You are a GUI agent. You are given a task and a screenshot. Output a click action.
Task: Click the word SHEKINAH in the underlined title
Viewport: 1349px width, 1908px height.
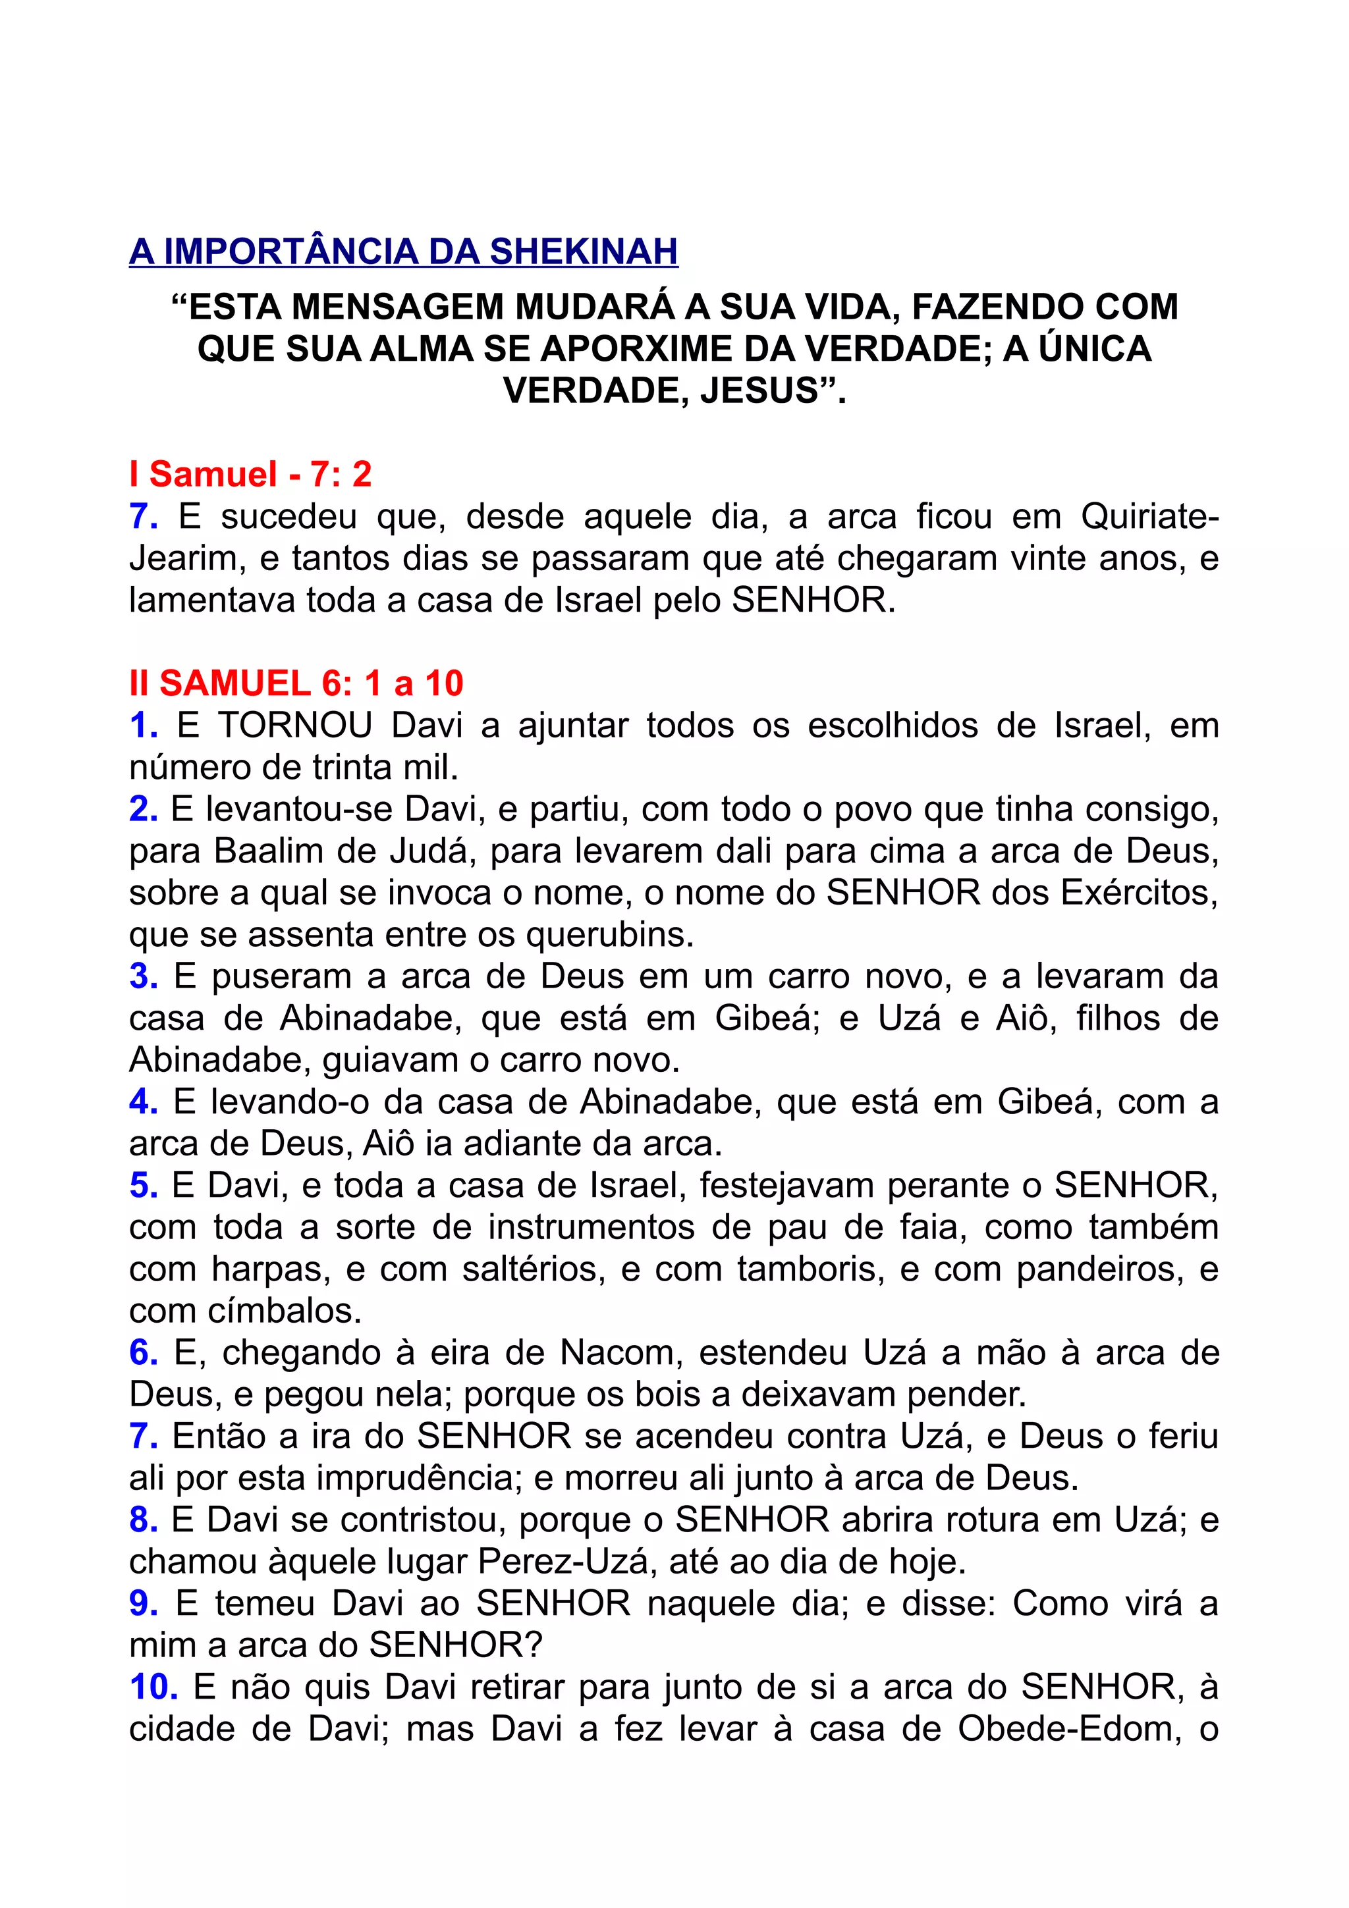coord(584,252)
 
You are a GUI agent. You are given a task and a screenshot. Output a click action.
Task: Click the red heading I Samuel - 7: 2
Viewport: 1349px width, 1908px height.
coord(250,475)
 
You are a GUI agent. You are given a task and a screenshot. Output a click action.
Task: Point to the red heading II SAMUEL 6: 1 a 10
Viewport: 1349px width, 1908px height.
coord(296,683)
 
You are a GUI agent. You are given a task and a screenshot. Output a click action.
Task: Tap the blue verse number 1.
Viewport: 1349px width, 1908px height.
coord(143,726)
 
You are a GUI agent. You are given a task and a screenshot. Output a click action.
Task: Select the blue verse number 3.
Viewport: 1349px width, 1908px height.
coord(143,976)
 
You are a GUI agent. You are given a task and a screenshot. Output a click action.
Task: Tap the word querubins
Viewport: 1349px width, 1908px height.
coord(610,935)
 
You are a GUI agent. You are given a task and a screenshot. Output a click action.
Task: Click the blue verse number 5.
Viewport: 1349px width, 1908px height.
coord(143,1185)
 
